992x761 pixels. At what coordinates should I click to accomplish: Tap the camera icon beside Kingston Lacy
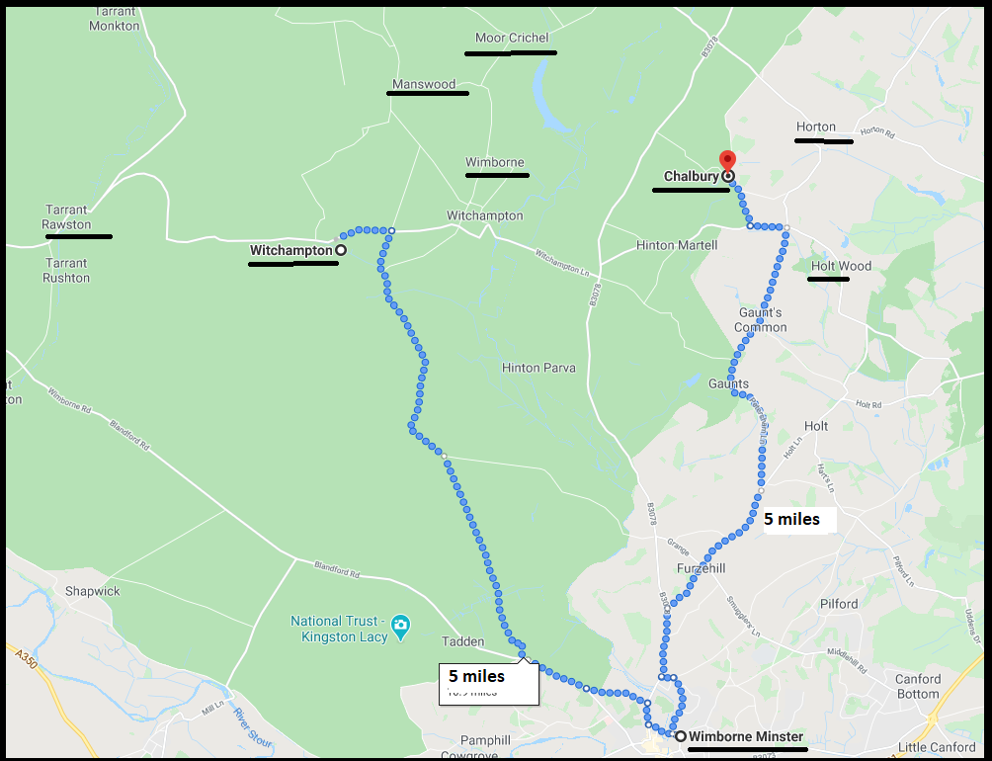tap(400, 626)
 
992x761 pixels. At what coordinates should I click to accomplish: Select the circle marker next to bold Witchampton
tap(341, 251)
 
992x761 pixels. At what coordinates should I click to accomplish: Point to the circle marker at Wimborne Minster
tap(681, 736)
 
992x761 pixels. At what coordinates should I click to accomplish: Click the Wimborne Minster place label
tap(746, 736)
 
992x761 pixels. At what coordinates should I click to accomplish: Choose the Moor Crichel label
tap(511, 39)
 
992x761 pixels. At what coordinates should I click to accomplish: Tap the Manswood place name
tap(424, 84)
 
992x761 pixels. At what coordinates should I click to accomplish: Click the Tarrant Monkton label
tap(115, 19)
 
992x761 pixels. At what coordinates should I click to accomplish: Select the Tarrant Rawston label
tap(66, 216)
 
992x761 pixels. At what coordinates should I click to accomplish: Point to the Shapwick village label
tap(92, 591)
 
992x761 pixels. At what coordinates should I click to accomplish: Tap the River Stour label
tap(251, 724)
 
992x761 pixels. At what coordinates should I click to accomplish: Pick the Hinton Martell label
tap(676, 245)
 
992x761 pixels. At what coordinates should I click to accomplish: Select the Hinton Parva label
tap(538, 368)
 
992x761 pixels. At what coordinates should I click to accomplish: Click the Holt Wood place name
tap(841, 266)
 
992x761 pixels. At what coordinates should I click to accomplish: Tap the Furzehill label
tap(701, 569)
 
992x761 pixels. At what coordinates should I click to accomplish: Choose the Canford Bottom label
tap(918, 686)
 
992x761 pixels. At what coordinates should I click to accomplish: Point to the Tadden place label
tap(462, 641)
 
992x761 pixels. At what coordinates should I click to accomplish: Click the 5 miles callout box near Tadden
tap(488, 682)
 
